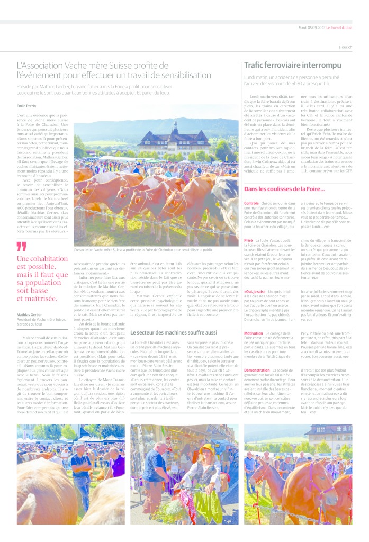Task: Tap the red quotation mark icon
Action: coord(21,246)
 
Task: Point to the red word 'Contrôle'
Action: coord(251,203)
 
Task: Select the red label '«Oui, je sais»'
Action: coord(255,291)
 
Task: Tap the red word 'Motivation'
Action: coord(253,333)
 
